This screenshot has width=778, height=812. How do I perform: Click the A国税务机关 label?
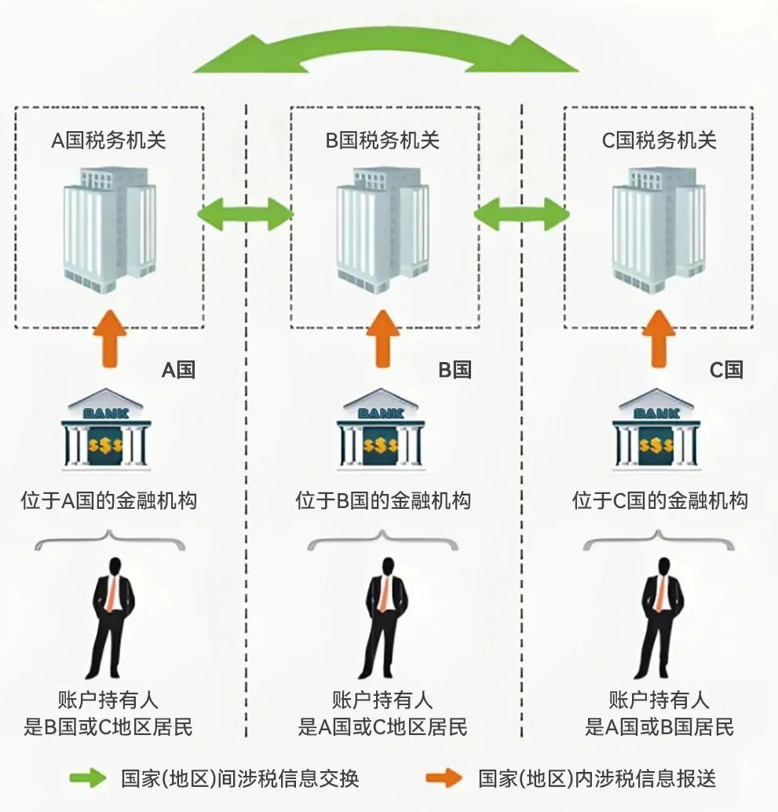coord(108,141)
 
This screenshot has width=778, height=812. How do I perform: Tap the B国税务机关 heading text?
coord(383,141)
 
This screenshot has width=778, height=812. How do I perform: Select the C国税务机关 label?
coord(659,141)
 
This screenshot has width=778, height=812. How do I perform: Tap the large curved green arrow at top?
coord(385,51)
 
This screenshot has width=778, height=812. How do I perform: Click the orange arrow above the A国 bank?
coord(108,338)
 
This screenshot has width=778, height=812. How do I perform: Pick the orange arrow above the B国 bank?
coord(383,338)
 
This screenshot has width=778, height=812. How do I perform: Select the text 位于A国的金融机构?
coord(108,500)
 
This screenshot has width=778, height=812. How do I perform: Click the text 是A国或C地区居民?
coord(382,726)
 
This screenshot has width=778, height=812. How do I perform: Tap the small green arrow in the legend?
coord(87,778)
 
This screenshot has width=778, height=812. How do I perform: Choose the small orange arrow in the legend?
coord(444,778)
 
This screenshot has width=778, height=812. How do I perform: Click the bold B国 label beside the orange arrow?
coord(455,370)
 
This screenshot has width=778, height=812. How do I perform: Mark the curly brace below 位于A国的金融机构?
coord(108,540)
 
